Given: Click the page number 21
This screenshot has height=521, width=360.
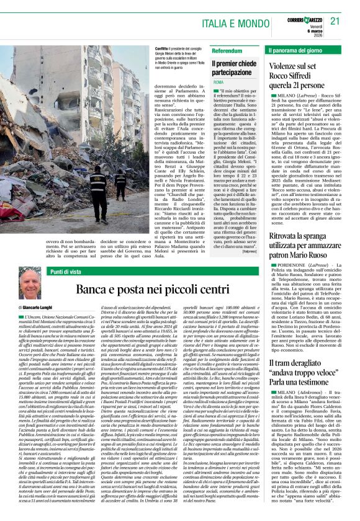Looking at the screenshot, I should pyautogui.click(x=336, y=20).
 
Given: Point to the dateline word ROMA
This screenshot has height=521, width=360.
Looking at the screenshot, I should pyautogui.click(x=218, y=82).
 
